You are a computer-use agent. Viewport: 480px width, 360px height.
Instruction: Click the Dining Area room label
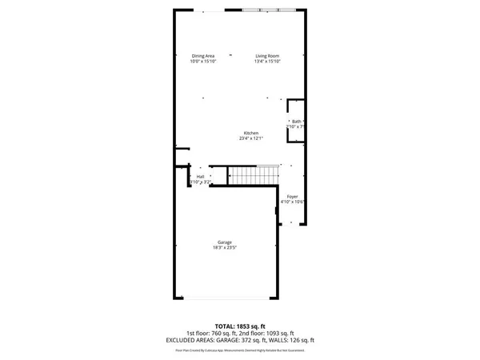(202, 55)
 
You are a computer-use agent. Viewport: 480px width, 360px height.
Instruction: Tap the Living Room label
(267, 55)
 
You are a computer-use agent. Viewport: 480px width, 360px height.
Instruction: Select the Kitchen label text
(250, 132)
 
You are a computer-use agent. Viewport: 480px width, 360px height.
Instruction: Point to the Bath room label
(296, 121)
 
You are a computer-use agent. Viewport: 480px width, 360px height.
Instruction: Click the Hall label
(200, 176)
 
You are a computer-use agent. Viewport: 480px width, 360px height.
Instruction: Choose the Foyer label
(293, 195)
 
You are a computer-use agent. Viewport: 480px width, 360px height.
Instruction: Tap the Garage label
(225, 242)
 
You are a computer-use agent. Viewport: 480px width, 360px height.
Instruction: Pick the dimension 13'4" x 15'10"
(267, 62)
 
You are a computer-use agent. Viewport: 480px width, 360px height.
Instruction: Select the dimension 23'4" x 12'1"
(250, 138)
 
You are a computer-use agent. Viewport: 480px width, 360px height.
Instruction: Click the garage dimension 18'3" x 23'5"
(225, 248)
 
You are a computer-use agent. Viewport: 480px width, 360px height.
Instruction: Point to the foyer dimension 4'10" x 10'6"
(293, 201)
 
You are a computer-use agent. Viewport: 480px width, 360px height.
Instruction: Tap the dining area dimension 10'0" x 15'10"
(202, 62)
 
